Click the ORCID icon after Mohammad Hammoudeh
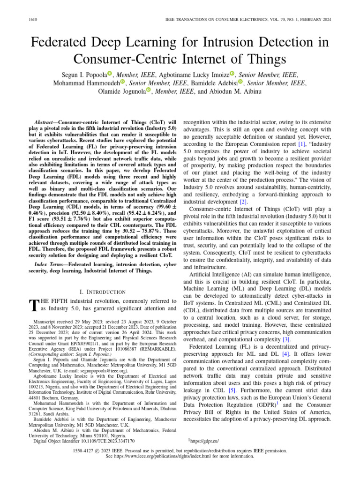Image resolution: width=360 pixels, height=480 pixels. (x=123, y=82)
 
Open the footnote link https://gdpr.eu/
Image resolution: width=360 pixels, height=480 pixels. (x=204, y=441)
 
